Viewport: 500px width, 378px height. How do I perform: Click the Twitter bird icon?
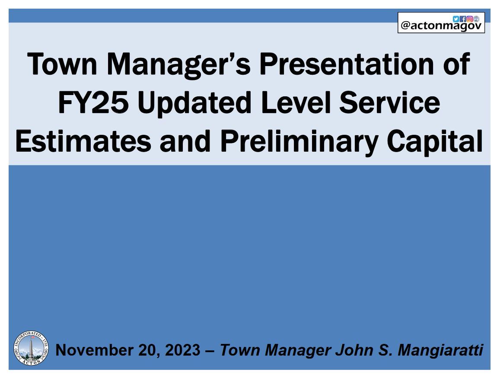pyautogui.click(x=455, y=19)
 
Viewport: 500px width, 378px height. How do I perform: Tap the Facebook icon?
pyautogui.click(x=462, y=19)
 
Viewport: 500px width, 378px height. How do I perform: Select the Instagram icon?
pyautogui.click(x=469, y=19)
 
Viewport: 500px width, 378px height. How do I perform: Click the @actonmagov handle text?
pyautogui.click(x=441, y=26)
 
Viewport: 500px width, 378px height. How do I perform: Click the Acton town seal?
pyautogui.click(x=32, y=348)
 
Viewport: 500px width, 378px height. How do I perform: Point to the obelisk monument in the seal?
pyautogui.click(x=32, y=347)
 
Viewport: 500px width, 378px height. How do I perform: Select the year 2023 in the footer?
pyautogui.click(x=183, y=349)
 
